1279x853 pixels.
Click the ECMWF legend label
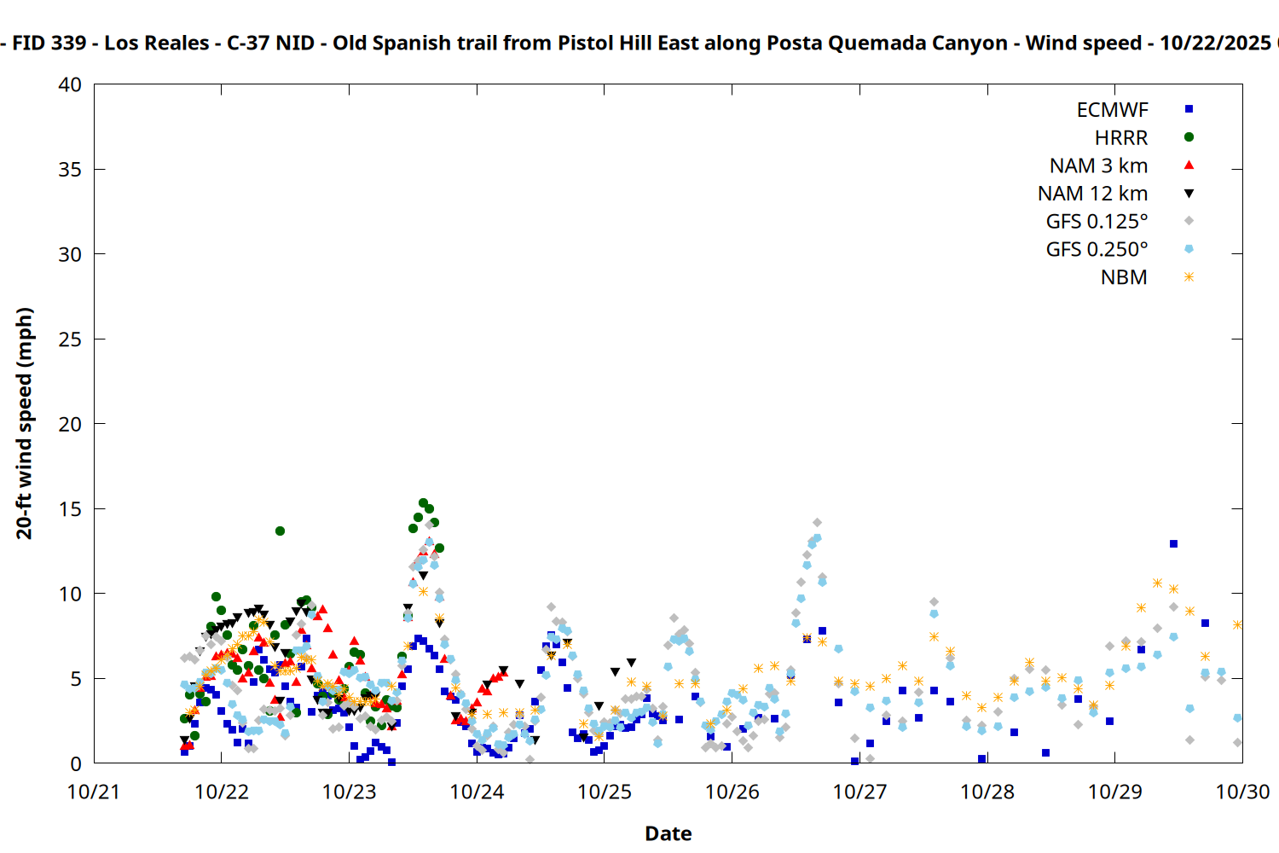pyautogui.click(x=1112, y=110)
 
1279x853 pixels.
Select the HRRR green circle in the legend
pyautogui.click(x=1189, y=137)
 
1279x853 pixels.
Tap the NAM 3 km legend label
pyautogui.click(x=1098, y=165)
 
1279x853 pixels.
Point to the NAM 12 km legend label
pyautogui.click(x=1092, y=194)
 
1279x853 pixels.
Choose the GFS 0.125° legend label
pyautogui.click(x=1097, y=222)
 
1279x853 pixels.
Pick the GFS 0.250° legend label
pyautogui.click(x=1097, y=250)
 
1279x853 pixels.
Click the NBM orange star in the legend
pyautogui.click(x=1189, y=277)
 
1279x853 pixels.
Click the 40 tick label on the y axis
pyautogui.click(x=70, y=85)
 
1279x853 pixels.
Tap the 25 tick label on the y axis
pyautogui.click(x=70, y=339)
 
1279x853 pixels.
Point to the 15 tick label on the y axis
pyautogui.click(x=70, y=509)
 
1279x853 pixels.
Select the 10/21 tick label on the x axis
pyautogui.click(x=94, y=792)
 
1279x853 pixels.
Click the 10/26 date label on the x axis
pyautogui.click(x=732, y=792)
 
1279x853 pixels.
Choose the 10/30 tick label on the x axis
pyautogui.click(x=1241, y=792)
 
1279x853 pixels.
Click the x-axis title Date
pyautogui.click(x=668, y=833)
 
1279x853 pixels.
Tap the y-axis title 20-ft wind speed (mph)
pyautogui.click(x=25, y=423)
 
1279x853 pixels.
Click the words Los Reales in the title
pyautogui.click(x=157, y=43)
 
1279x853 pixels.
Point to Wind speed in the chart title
pyautogui.click(x=1083, y=43)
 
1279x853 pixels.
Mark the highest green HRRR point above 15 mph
pyautogui.click(x=423, y=503)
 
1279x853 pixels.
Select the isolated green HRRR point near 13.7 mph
pyautogui.click(x=280, y=531)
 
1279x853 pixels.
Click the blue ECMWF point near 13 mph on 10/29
pyautogui.click(x=1173, y=543)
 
